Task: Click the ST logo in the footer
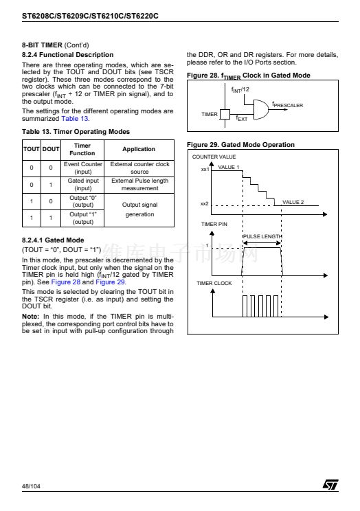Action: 330,484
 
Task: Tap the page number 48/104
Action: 31,486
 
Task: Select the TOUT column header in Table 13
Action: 32,149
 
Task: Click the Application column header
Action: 139,149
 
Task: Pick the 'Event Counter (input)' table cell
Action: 83,168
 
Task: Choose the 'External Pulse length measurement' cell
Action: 140,185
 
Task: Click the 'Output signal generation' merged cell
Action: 139,209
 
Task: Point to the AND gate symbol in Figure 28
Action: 261,109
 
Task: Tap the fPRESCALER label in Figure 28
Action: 288,104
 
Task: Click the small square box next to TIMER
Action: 225,114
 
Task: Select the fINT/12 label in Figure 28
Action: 240,89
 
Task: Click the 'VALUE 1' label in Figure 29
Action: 229,167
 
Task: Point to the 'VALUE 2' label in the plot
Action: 293,202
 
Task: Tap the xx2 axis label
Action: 205,204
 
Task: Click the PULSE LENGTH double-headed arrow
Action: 262,243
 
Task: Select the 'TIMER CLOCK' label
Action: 214,283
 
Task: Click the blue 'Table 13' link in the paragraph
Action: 75,119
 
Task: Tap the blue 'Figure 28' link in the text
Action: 65,282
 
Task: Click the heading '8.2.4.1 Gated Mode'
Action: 53,240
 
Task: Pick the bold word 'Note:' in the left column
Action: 30,317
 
